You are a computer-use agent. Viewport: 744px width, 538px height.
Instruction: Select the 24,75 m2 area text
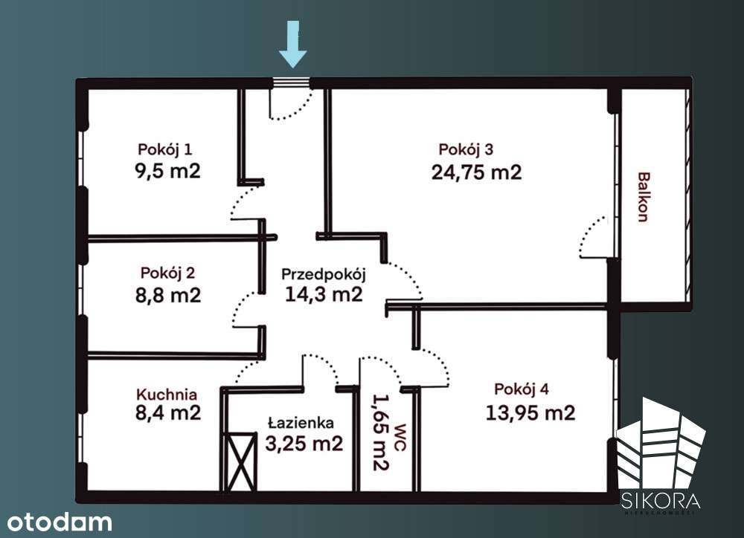[476, 172]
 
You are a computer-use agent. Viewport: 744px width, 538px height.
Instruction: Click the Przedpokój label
[324, 273]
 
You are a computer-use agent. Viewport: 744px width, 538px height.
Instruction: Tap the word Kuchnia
[167, 395]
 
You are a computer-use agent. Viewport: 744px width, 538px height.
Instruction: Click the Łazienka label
[301, 423]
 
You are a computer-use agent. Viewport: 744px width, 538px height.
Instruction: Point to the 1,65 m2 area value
[380, 432]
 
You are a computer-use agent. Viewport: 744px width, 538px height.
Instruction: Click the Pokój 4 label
[522, 389]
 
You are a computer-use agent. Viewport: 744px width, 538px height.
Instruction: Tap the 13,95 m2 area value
[530, 412]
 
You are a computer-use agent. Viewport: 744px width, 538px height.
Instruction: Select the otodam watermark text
[57, 522]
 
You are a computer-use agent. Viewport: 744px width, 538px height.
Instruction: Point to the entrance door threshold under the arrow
[291, 83]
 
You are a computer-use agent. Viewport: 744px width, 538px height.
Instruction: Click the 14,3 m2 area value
[324, 294]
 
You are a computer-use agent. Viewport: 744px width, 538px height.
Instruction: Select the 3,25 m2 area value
[304, 444]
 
